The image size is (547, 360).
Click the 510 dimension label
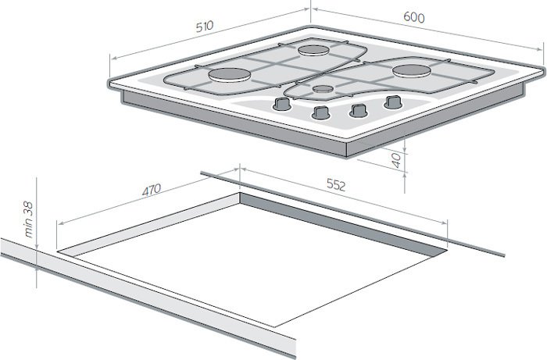[x=205, y=27]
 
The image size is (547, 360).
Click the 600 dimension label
[x=414, y=17]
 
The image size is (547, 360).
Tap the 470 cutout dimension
[x=152, y=190]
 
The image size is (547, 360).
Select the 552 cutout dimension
[x=336, y=185]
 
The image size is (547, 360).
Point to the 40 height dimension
[x=397, y=161]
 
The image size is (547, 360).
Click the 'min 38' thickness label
[x=29, y=219]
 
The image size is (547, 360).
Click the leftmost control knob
[x=281, y=104]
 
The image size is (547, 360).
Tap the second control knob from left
[x=320, y=112]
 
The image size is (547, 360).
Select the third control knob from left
[x=358, y=110]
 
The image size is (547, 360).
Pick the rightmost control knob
[x=393, y=102]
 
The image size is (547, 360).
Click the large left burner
[x=230, y=75]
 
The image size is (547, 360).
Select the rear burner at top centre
[x=313, y=51]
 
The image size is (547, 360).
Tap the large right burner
[x=412, y=71]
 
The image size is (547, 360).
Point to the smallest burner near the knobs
[x=323, y=89]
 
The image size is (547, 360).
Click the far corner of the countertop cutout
[x=240, y=193]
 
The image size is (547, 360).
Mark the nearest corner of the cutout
[x=275, y=327]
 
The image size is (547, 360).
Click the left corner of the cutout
[x=57, y=251]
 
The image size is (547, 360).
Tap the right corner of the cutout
[x=447, y=249]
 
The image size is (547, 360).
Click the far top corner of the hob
[x=310, y=26]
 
